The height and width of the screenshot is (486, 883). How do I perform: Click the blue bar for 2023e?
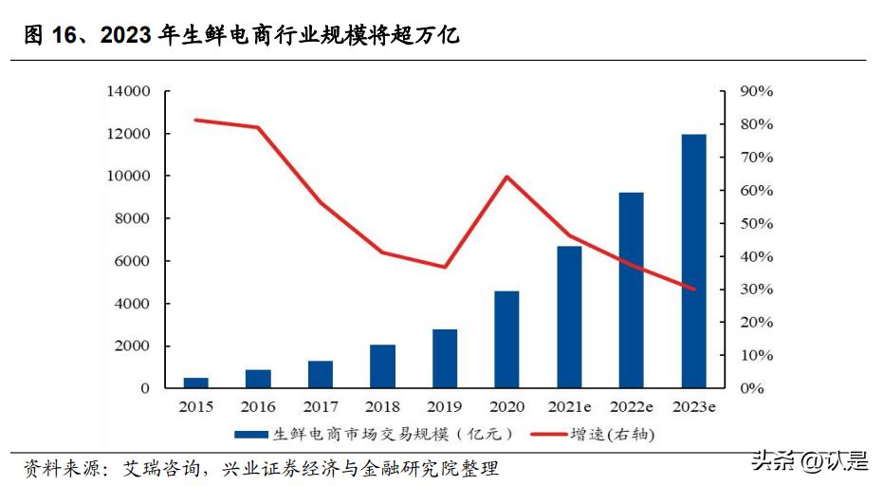[x=693, y=261]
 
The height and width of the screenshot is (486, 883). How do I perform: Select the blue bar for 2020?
[x=506, y=339]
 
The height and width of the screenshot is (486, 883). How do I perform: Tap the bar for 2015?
[x=196, y=383]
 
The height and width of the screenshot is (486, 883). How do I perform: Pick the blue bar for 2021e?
[x=569, y=316]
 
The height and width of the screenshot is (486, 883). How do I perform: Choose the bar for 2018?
[x=382, y=365]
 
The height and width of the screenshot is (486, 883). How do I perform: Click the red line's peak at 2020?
[x=506, y=177]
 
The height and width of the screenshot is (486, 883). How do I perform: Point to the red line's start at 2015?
[x=196, y=120]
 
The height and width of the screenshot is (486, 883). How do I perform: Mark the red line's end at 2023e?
[x=693, y=289]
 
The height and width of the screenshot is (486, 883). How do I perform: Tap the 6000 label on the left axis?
[x=133, y=261]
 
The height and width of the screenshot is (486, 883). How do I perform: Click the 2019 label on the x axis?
[x=444, y=406]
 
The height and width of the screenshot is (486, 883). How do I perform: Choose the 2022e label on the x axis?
[x=631, y=406]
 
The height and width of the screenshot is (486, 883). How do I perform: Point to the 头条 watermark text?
[x=772, y=462]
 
